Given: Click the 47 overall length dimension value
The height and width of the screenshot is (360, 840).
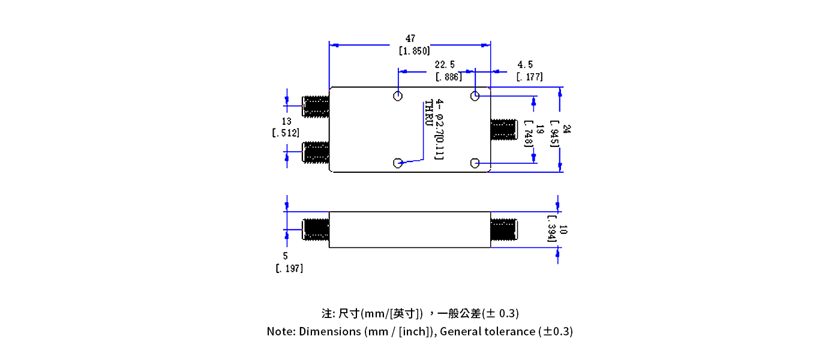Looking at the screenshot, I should [410, 39].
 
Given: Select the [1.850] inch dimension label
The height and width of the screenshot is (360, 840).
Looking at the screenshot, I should [414, 52].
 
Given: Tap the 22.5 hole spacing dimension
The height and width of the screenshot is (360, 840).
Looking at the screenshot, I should [445, 64].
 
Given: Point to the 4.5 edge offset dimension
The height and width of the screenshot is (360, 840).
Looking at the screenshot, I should [525, 64].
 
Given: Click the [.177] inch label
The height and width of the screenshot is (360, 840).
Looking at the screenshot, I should [529, 77].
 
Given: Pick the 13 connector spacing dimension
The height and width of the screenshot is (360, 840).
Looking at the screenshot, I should [286, 121].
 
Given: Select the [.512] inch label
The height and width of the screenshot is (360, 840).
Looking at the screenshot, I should [286, 133].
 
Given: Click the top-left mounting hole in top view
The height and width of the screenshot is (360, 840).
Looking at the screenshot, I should [398, 96].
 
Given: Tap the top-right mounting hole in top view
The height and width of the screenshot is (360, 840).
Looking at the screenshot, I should [475, 96].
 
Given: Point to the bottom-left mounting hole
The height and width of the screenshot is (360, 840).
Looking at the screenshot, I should [398, 163].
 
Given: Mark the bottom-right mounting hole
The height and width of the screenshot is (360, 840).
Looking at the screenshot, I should [475, 163].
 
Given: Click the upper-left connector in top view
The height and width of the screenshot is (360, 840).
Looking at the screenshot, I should [316, 106].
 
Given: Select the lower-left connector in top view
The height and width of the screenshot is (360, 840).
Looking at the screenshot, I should [316, 152].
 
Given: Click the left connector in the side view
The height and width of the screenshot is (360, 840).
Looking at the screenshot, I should [316, 229].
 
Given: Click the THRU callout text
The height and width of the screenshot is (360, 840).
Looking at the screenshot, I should [428, 113].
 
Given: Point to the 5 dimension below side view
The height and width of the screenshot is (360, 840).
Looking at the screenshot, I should [285, 256].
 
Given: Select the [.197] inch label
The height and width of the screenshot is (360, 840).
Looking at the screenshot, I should [289, 268].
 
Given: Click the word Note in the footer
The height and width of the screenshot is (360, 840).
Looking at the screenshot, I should [280, 331].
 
